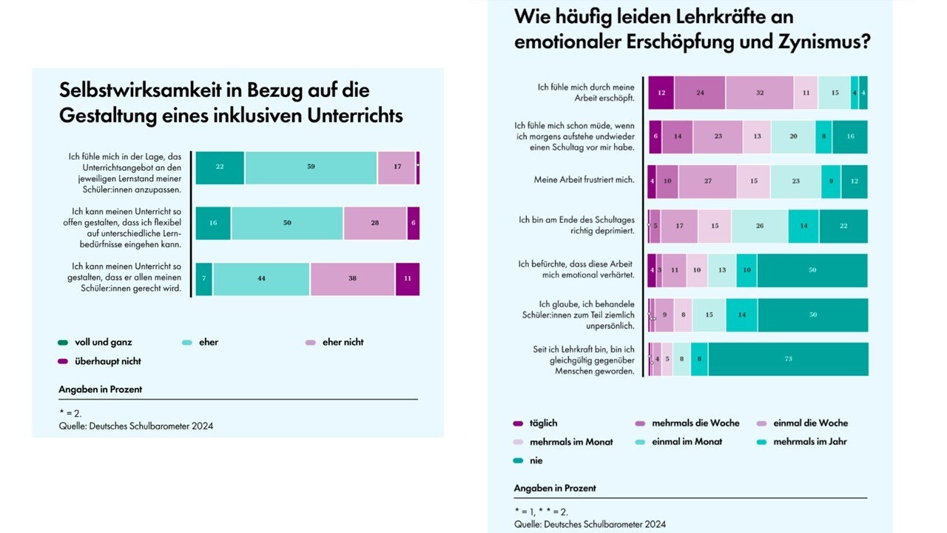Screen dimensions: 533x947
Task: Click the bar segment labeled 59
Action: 311,167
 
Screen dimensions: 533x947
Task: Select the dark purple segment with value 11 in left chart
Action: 407,279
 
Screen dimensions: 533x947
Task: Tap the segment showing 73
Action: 789,359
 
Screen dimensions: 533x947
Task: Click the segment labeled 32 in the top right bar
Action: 759,93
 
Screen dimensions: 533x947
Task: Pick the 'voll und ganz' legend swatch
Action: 64,343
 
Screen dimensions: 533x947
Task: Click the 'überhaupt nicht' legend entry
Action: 107,361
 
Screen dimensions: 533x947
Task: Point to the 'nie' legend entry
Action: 536,460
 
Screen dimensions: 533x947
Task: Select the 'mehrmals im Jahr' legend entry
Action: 810,442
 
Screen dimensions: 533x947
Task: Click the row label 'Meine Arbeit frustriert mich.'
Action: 584,180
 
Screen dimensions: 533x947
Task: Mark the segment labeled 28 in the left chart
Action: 374,224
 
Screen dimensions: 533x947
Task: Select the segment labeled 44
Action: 261,279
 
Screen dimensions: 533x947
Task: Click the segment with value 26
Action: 759,227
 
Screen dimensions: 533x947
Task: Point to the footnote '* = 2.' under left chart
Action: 70,413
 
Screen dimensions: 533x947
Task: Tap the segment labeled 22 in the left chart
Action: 220,167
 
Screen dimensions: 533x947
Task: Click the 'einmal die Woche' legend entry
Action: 810,423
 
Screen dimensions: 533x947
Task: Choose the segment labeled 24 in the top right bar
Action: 700,93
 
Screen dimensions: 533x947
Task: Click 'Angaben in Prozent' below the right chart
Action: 555,489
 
